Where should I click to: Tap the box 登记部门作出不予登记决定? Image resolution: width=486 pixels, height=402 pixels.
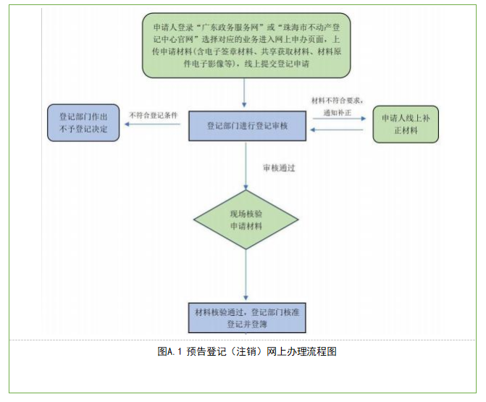[x=83, y=123]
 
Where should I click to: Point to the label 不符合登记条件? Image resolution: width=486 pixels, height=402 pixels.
[x=154, y=114]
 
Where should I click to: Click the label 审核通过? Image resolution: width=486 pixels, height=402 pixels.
[x=278, y=168]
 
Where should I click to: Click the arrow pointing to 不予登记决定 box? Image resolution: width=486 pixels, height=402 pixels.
[x=152, y=125]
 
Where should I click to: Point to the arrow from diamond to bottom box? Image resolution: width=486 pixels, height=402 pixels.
[x=246, y=277]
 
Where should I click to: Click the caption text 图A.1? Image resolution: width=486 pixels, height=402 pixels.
[x=169, y=352]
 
